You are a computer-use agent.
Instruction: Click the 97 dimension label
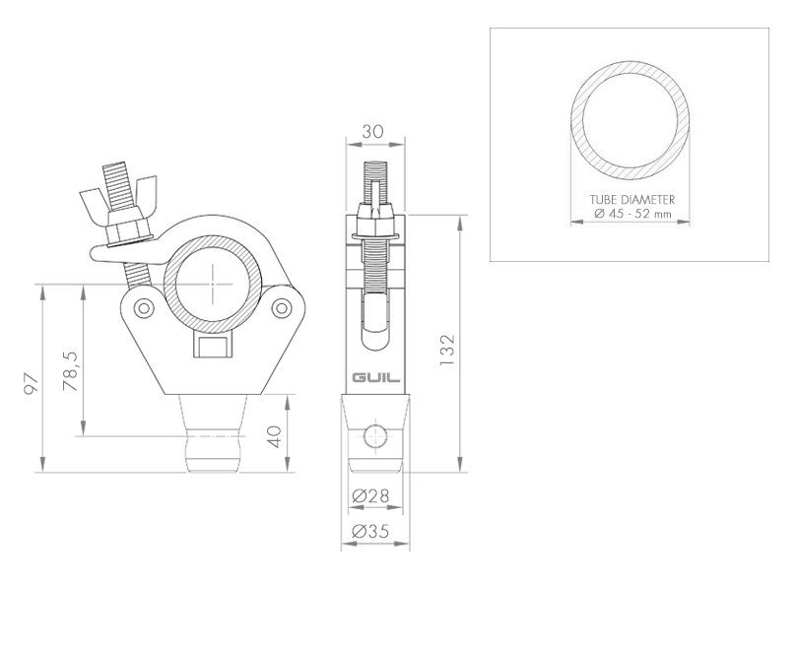click(x=32, y=384)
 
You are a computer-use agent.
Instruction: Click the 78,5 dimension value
click(x=71, y=371)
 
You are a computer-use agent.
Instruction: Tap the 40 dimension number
click(x=274, y=436)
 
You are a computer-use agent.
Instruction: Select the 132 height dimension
click(x=447, y=351)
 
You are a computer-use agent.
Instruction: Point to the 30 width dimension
click(x=373, y=131)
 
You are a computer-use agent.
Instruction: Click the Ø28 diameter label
click(x=370, y=495)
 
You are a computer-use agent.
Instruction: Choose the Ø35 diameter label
click(x=370, y=531)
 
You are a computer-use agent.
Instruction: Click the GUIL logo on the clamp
click(x=376, y=378)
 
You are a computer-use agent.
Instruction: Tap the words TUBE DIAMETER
click(x=632, y=200)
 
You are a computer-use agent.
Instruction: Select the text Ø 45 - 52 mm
click(x=632, y=214)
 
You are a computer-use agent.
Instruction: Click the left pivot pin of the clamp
click(x=144, y=307)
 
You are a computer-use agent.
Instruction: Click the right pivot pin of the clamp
click(x=281, y=307)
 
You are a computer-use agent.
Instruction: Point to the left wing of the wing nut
click(x=94, y=202)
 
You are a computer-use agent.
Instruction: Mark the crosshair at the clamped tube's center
click(x=214, y=285)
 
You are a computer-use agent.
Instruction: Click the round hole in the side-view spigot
click(x=374, y=436)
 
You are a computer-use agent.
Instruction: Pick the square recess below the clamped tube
click(x=213, y=345)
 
